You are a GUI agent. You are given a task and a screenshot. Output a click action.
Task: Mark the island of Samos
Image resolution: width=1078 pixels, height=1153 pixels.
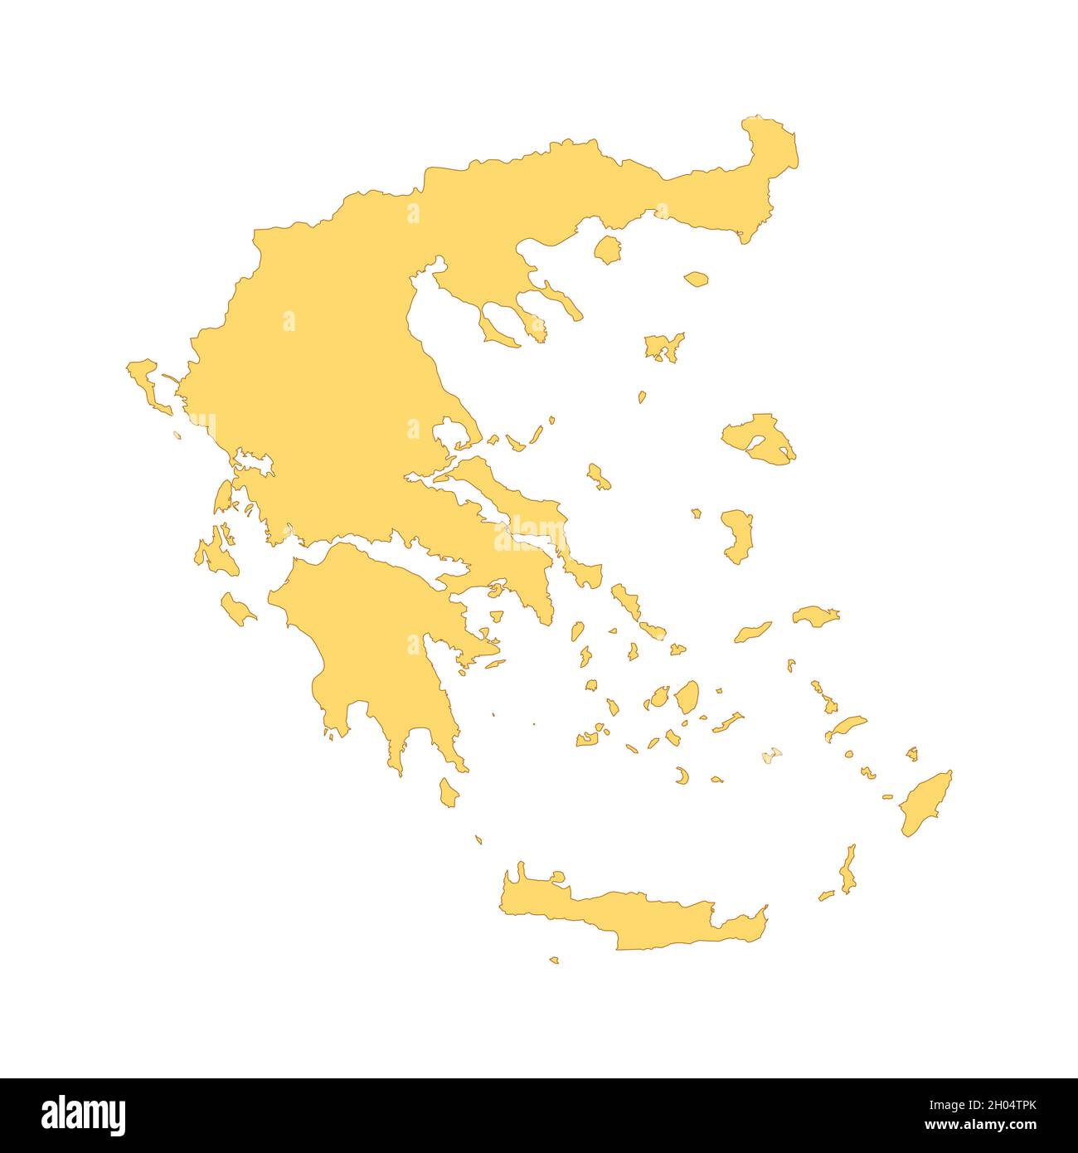(x=814, y=615)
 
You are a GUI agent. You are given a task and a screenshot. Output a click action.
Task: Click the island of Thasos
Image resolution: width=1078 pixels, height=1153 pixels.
(x=608, y=249)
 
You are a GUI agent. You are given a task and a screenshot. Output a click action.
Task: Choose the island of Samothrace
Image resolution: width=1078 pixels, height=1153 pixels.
(x=697, y=280)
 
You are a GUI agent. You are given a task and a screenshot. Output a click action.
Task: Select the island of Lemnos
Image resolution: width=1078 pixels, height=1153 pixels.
(x=663, y=347)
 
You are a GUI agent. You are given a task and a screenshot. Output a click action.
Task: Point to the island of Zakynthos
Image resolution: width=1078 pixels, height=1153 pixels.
(x=238, y=610)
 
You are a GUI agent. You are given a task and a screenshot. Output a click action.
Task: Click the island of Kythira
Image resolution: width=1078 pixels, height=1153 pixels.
(x=449, y=792)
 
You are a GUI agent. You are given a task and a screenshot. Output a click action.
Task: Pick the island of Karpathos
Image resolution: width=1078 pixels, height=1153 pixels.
(x=847, y=871)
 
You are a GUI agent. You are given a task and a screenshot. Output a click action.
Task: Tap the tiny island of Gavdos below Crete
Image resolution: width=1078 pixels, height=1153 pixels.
(x=554, y=960)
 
